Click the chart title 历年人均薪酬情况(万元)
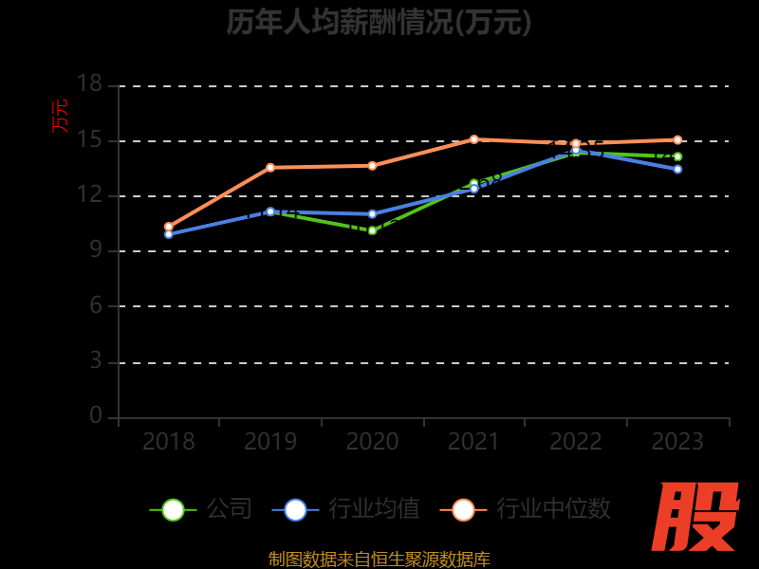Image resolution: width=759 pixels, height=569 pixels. tap(379, 22)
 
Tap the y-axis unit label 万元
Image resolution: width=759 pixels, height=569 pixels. tap(60, 116)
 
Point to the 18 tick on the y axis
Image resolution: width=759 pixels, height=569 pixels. tap(89, 85)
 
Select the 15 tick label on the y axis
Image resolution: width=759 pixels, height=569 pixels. tap(89, 140)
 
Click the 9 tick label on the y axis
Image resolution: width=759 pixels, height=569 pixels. tap(95, 251)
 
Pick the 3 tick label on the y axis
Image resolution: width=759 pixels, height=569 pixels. tap(95, 362)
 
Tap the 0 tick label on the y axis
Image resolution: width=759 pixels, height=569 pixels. tap(95, 416)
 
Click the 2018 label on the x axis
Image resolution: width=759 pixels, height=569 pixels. tap(168, 442)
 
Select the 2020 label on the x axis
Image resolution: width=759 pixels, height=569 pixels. tap(372, 442)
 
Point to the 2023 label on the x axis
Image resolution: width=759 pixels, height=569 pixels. tap(677, 442)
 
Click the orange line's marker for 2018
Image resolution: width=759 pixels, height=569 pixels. tap(169, 227)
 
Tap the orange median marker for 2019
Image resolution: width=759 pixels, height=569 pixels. tap(270, 167)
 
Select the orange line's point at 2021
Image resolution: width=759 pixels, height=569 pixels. tap(474, 139)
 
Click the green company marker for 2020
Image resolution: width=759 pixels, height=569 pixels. tap(373, 230)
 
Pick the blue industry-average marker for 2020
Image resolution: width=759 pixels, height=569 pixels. tap(373, 213)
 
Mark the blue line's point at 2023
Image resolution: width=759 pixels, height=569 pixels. tap(677, 169)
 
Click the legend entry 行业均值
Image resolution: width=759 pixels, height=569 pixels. tap(345, 509)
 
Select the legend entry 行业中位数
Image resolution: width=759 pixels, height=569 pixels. tap(525, 509)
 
